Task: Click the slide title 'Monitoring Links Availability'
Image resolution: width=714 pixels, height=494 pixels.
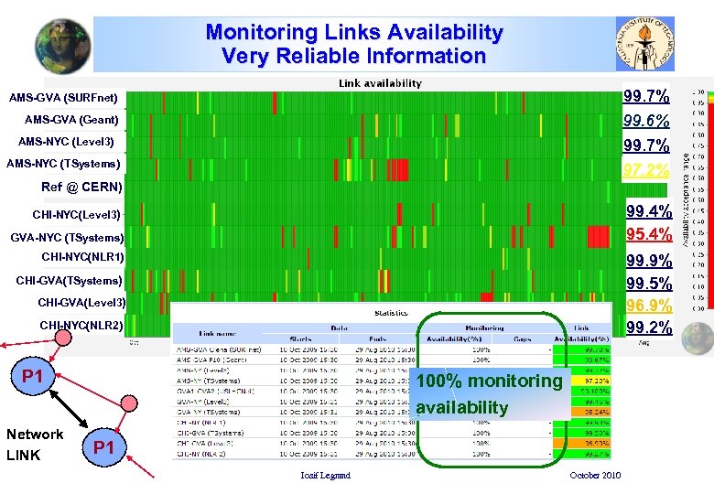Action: click(x=353, y=33)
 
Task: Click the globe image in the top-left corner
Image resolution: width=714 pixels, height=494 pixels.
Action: click(x=62, y=45)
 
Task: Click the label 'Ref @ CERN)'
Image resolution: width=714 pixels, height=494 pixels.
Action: click(x=81, y=188)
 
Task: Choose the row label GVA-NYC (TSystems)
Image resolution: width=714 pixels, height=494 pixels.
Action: click(x=66, y=238)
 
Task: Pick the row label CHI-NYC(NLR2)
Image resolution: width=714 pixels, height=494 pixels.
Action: click(x=81, y=325)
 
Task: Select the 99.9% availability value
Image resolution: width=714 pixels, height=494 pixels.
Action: click(x=648, y=261)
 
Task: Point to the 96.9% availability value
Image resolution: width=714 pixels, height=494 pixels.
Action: click(x=648, y=305)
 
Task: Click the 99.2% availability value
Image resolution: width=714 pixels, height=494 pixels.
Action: click(x=648, y=328)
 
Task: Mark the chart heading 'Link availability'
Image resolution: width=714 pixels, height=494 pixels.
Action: click(x=380, y=83)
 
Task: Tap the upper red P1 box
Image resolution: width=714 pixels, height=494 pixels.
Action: click(x=34, y=376)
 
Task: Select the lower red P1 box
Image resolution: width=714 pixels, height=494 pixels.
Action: click(x=104, y=447)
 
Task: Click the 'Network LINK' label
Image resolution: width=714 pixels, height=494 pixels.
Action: click(x=35, y=445)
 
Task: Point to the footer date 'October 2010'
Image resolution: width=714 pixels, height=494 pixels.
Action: click(x=595, y=476)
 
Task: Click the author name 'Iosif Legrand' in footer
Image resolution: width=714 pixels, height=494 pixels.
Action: click(x=325, y=476)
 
